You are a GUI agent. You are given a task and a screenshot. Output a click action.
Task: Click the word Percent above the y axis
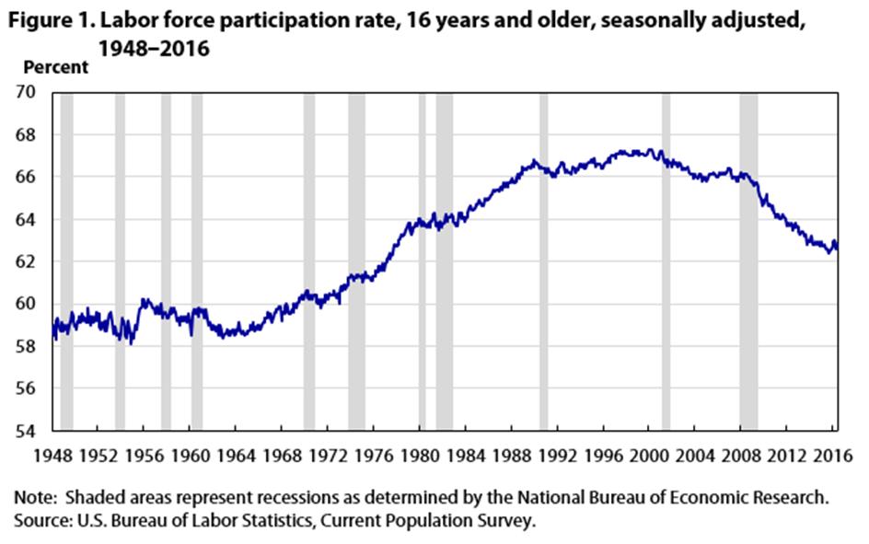56,67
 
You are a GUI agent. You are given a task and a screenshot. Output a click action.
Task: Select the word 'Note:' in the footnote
34,498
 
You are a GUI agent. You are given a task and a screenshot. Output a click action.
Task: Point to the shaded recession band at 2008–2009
748,261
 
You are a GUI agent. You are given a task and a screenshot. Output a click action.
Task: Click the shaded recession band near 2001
666,261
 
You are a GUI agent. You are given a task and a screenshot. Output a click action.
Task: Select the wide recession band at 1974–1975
356,261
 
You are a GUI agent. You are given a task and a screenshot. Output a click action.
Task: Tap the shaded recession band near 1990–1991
543,261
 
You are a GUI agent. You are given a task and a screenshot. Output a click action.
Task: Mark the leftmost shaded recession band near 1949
66,261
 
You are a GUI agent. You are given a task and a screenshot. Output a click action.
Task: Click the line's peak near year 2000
650,150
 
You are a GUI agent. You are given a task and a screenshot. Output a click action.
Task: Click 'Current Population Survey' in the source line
441,520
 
